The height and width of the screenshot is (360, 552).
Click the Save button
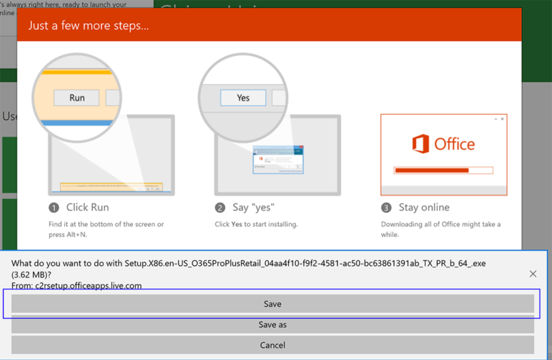[272, 304]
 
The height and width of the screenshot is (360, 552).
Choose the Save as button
[272, 325]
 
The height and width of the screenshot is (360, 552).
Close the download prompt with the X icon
[533, 274]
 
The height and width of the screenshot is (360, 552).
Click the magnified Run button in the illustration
[77, 98]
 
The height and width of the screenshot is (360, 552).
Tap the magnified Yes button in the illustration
[243, 98]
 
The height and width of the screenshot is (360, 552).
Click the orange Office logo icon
[420, 144]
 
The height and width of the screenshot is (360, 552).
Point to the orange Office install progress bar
[431, 170]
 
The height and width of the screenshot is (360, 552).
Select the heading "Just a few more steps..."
[88, 26]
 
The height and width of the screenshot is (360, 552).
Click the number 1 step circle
[54, 208]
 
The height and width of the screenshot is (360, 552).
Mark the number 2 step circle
[220, 208]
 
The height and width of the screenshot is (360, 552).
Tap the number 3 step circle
[386, 208]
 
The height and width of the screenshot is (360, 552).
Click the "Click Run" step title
[88, 208]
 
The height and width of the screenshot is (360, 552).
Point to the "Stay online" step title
[424, 208]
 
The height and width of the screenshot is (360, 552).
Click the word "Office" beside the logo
[454, 144]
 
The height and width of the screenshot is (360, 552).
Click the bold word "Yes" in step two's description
[236, 224]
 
